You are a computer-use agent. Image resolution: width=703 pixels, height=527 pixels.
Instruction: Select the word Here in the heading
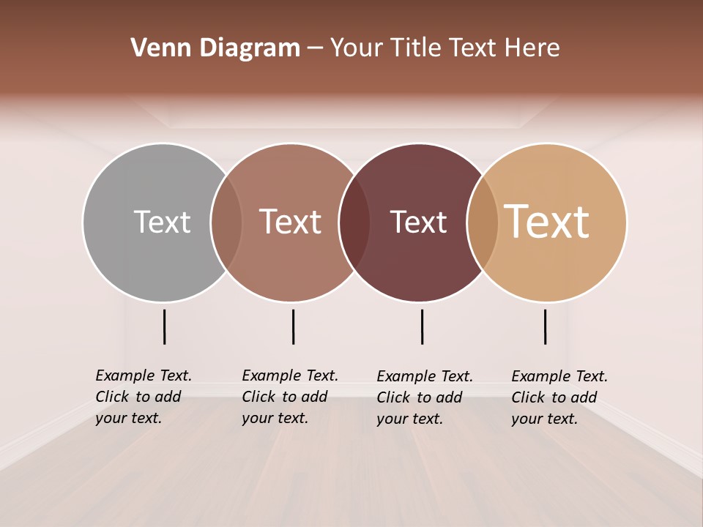pos(534,48)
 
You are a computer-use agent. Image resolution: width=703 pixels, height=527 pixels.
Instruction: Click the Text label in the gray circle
pos(162,222)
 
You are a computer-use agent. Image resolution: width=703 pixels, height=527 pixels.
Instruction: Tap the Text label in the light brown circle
pos(290,222)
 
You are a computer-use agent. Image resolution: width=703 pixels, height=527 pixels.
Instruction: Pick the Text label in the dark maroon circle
pos(418,222)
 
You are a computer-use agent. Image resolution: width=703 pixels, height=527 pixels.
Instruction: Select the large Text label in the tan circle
pos(546,222)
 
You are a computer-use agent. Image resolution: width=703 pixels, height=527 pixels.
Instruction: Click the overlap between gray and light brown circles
pos(226,222)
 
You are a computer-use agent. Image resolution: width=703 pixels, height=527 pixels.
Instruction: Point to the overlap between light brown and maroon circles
pos(354,222)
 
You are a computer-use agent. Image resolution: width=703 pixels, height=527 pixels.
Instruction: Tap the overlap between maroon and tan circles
pos(483,222)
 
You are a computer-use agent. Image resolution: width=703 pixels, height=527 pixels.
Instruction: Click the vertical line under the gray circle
pos(164,326)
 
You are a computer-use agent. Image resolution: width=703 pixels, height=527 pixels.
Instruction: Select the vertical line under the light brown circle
pos(293,326)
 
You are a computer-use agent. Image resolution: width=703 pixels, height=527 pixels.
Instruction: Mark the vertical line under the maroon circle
pos(422,326)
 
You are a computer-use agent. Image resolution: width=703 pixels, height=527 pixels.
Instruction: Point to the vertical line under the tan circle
pos(545,326)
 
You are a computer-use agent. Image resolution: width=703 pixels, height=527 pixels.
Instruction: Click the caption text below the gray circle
pos(144,397)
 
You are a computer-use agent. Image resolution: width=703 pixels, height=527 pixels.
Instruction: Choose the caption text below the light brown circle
pos(290,397)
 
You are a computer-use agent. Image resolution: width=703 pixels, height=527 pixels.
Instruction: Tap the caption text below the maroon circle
pos(425,397)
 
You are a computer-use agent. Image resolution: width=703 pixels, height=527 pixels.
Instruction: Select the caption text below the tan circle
pos(559,397)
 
